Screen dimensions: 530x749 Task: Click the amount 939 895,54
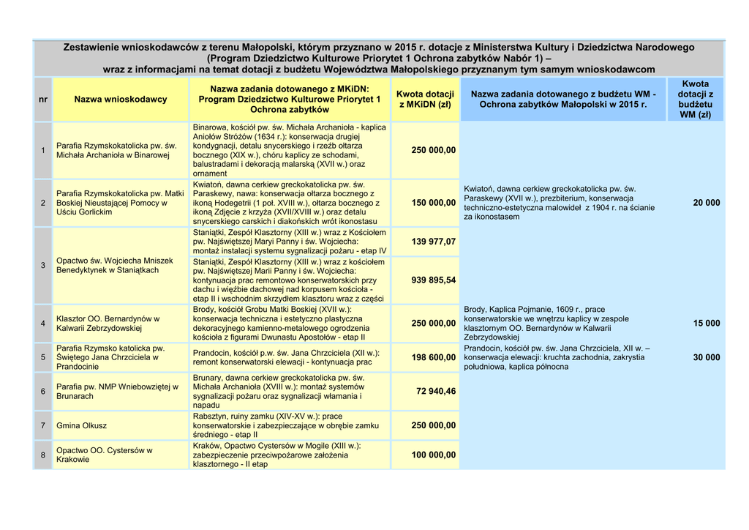433,280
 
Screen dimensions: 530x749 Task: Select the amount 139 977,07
433,241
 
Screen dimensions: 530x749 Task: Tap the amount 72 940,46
436,391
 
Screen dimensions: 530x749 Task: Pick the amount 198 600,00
433,357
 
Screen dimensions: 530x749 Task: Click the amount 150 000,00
433,202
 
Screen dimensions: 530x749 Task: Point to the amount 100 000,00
433,455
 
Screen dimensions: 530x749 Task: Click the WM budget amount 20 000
706,202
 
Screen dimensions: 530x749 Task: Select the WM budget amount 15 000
706,323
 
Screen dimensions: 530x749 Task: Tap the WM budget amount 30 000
706,357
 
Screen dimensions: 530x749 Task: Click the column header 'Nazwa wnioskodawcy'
121,99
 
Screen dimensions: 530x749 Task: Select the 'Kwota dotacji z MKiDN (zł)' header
425,99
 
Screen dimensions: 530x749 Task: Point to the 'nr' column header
43,99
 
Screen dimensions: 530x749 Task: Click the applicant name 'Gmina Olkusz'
81,425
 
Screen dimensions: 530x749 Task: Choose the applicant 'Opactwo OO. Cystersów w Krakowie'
104,455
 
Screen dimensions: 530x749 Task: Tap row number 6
43,391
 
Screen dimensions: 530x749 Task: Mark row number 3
43,264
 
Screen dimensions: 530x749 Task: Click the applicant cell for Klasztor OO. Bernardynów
108,324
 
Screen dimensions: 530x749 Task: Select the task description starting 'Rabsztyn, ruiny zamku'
286,425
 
